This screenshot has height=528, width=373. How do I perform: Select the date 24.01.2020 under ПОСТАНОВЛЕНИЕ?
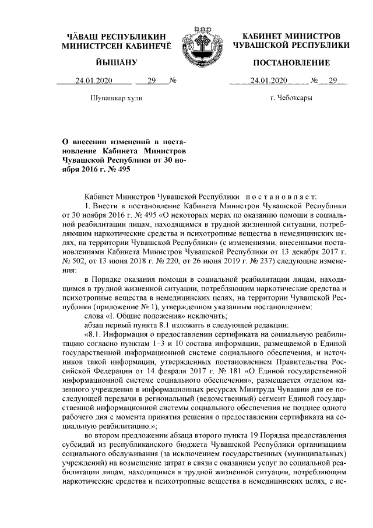[266, 81]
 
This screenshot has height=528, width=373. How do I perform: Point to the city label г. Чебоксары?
[291, 97]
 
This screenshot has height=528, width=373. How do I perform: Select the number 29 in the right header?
[333, 81]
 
